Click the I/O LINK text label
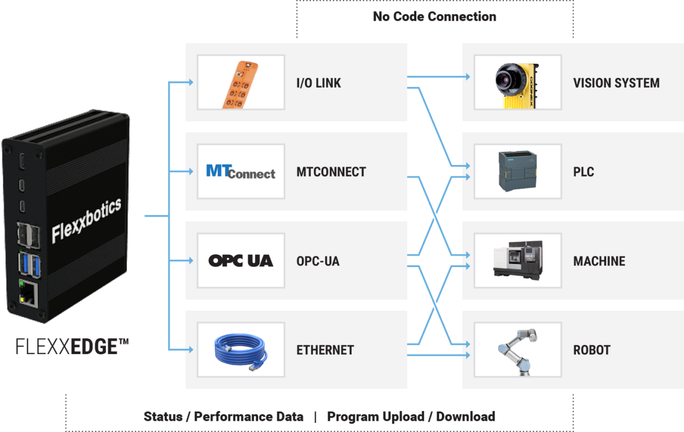(x=318, y=83)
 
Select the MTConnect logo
(x=240, y=171)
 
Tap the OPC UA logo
(x=240, y=261)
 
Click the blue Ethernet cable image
(x=240, y=350)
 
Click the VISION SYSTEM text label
(x=616, y=83)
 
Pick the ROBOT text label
(x=592, y=350)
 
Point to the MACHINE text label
(x=599, y=261)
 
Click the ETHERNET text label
(x=325, y=350)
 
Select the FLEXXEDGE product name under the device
(x=72, y=347)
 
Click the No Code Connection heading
(x=434, y=17)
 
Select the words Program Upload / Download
(x=411, y=417)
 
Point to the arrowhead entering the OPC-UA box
(x=189, y=261)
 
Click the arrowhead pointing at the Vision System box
(x=467, y=77)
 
